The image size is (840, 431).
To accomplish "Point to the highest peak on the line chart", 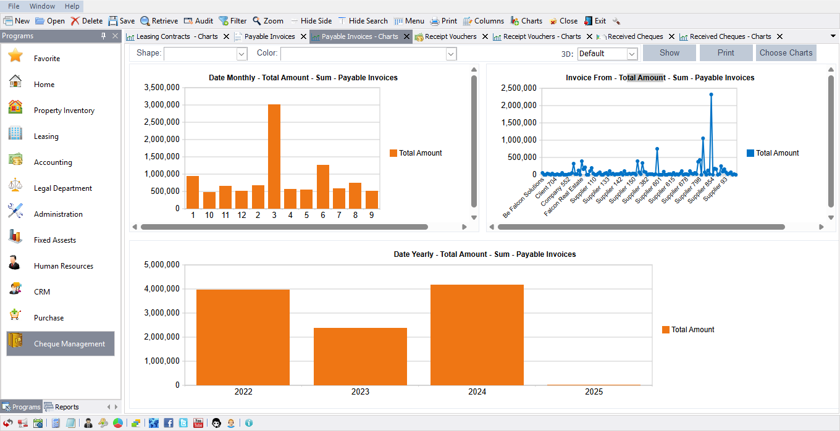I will pyautogui.click(x=711, y=95).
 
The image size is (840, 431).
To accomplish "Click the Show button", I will pyautogui.click(x=669, y=53).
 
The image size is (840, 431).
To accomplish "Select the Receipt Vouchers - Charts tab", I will pyautogui.click(x=541, y=36).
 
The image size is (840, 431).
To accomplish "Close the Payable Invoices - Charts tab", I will pyautogui.click(x=407, y=36).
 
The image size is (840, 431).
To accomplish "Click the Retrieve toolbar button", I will pyautogui.click(x=159, y=21).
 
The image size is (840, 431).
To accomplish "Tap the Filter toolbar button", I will pyautogui.click(x=232, y=21).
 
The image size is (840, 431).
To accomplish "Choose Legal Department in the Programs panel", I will pyautogui.click(x=62, y=188).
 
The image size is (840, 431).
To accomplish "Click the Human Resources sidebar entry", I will pyautogui.click(x=63, y=266).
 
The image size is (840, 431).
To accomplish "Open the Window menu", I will pyautogui.click(x=42, y=6).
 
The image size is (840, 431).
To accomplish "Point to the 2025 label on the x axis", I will pyautogui.click(x=594, y=391).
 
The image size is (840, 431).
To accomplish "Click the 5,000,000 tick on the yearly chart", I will pyautogui.click(x=161, y=265).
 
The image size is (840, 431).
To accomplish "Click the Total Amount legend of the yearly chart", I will pyautogui.click(x=692, y=330).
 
